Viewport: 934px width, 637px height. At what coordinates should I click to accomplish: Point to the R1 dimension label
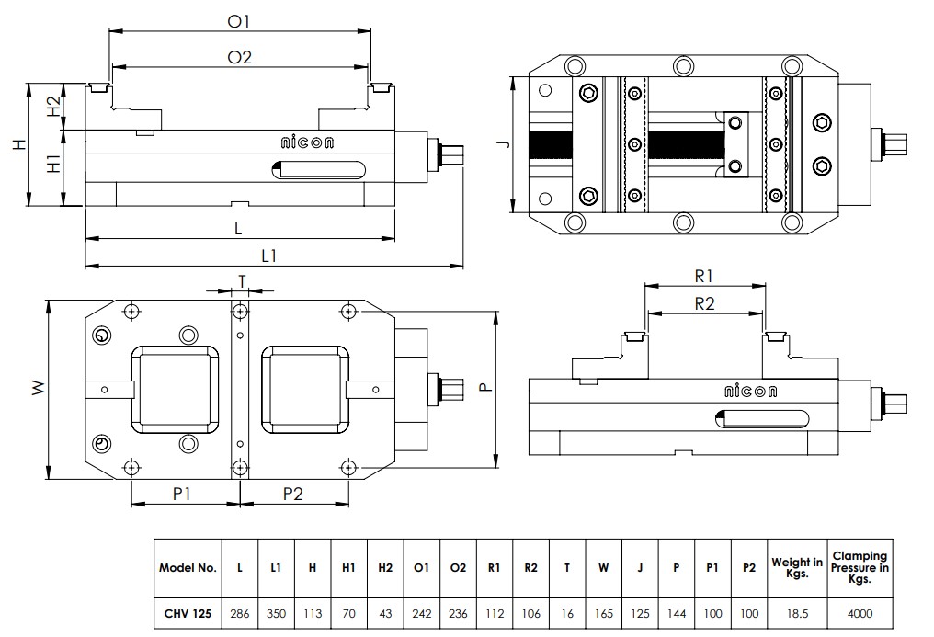click(x=704, y=275)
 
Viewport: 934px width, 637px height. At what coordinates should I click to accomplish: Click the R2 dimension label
click(x=704, y=304)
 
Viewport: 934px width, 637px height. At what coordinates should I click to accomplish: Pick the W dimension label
click(x=38, y=389)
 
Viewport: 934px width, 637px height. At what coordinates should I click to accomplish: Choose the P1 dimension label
click(x=182, y=494)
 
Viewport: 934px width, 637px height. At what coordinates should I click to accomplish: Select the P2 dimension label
click(x=293, y=494)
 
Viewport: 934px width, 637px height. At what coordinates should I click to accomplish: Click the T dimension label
click(x=242, y=279)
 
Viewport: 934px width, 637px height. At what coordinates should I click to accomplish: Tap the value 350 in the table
click(x=276, y=613)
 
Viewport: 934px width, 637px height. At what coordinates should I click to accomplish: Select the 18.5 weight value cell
click(x=797, y=613)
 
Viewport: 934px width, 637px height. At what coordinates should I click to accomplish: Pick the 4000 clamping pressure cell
click(x=860, y=613)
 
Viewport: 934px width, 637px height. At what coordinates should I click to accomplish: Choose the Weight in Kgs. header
click(x=797, y=568)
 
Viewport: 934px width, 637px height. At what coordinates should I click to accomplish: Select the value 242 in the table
click(x=422, y=613)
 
